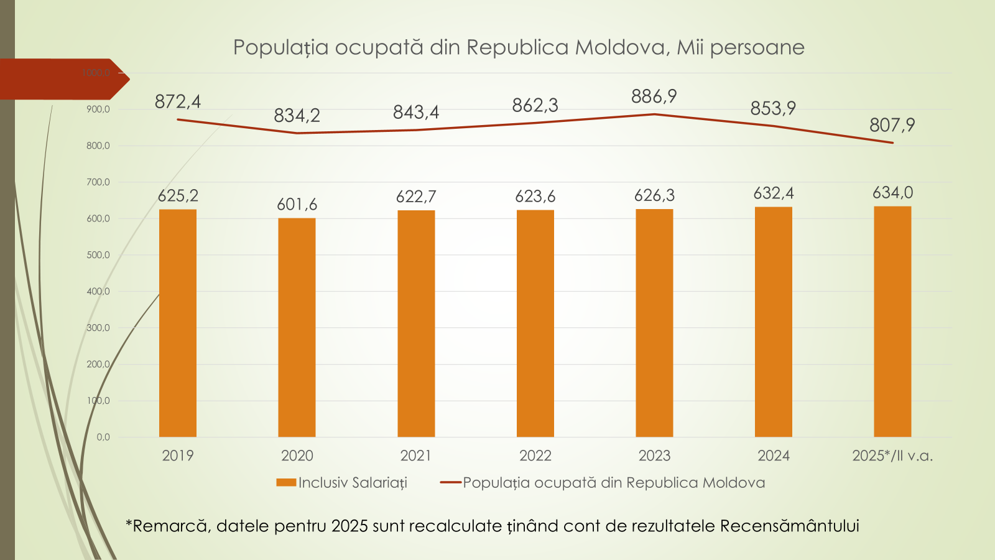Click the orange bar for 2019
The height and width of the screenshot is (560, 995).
(x=178, y=323)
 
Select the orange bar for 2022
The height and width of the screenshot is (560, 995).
(x=535, y=324)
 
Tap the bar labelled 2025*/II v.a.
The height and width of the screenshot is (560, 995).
(x=892, y=322)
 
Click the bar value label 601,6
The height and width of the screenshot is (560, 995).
(x=297, y=204)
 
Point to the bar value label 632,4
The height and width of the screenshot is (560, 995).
(x=774, y=194)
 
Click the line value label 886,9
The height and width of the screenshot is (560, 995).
(x=654, y=96)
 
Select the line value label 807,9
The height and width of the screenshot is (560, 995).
(x=892, y=125)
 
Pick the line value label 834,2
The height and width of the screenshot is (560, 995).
(x=297, y=116)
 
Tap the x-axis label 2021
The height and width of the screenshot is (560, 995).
(x=416, y=455)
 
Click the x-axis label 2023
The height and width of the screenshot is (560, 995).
(x=654, y=455)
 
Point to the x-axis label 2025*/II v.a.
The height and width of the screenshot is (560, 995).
(x=892, y=455)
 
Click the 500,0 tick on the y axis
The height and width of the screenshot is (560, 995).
(x=98, y=255)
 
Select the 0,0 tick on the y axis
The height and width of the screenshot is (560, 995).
(x=103, y=437)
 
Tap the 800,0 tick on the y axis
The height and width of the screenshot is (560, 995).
(x=98, y=146)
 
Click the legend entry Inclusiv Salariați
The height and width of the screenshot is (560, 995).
(x=353, y=483)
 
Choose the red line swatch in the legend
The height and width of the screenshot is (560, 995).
(x=450, y=482)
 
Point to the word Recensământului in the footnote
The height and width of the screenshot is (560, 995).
(x=789, y=526)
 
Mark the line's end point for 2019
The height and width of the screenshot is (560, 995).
(x=178, y=119)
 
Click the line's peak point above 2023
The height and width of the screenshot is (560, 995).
(x=654, y=114)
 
